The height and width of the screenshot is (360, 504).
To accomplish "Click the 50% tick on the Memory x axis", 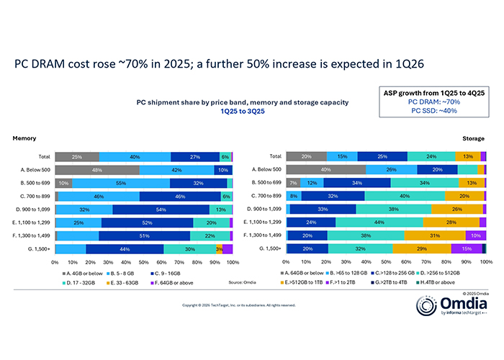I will (x=143, y=263).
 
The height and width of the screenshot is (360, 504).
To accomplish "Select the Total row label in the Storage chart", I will (x=274, y=156).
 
